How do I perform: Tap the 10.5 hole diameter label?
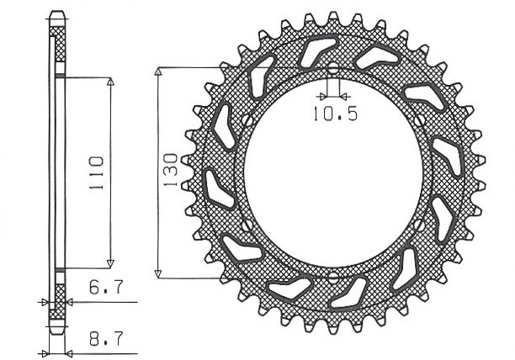click(x=333, y=115)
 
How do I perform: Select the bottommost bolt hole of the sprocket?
click(x=332, y=276)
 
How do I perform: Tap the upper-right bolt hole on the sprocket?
click(x=419, y=121)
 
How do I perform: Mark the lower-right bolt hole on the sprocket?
click(x=419, y=225)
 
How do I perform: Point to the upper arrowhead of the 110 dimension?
click(x=110, y=82)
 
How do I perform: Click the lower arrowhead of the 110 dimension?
click(x=110, y=262)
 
